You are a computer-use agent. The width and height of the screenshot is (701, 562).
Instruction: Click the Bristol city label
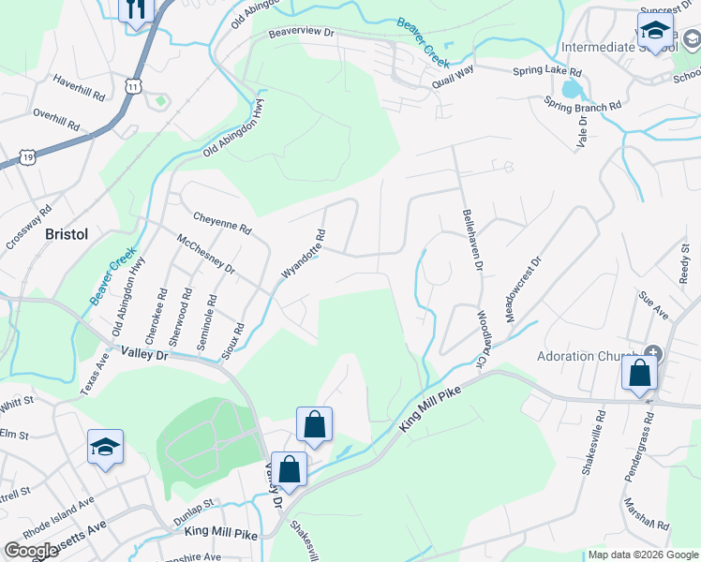67,234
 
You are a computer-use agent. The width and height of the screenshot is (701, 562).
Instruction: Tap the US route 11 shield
134,86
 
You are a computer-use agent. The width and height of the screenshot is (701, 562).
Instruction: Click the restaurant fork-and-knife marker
136,10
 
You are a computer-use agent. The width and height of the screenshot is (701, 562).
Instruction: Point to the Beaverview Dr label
301,32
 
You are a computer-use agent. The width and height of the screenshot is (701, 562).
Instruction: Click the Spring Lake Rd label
547,71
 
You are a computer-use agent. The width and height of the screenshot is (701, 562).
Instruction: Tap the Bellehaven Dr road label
470,241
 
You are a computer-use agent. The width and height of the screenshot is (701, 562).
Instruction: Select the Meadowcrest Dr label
523,290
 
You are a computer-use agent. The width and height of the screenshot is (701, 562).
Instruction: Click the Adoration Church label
588,356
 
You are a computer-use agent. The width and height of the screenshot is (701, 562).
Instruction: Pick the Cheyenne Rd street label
222,222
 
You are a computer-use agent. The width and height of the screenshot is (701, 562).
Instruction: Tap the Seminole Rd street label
207,324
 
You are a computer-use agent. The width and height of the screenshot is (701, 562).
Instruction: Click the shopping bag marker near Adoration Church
639,372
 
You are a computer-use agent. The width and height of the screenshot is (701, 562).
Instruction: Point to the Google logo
31,551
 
